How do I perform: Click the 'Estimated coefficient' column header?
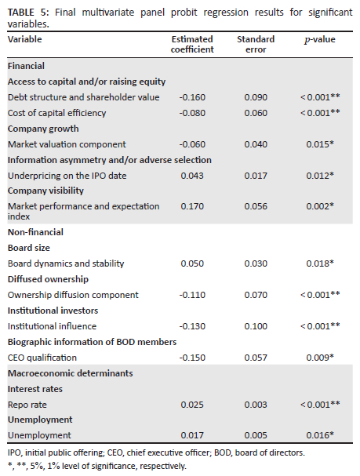pos(192,45)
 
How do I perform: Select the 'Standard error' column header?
pos(256,45)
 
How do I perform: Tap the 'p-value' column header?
pos(320,40)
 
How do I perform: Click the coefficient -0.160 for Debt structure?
pos(192,97)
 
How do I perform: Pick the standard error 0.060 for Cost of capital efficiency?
pos(256,113)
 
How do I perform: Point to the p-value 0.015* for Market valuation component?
pos(320,144)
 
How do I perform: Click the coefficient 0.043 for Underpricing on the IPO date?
pos(192,176)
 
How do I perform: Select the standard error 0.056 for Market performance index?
pos(256,206)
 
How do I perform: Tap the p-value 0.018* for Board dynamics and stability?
pos(320,263)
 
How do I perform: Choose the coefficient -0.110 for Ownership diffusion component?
pos(192,295)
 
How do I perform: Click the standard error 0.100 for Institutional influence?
pos(256,326)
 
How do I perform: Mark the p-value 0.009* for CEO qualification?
pos(320,358)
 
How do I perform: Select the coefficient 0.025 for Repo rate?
pos(192,405)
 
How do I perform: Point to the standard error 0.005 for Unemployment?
pos(256,435)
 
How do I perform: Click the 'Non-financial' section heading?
pos(35,232)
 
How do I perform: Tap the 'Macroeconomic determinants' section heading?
pos(70,373)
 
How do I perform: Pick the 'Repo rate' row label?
pos(27,405)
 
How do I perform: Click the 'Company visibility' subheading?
pos(45,191)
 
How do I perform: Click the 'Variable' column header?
pos(24,39)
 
